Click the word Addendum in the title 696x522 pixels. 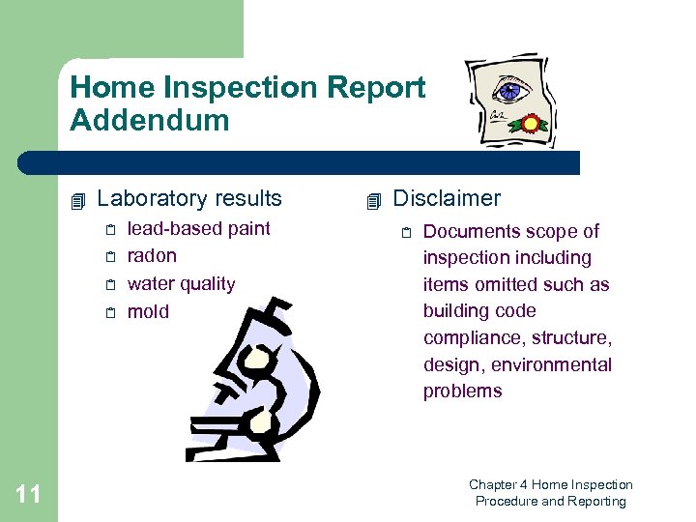coord(150,121)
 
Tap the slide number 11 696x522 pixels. coord(29,495)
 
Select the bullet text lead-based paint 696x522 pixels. coord(198,229)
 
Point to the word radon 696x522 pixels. coord(152,256)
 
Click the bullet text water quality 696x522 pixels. coord(181,284)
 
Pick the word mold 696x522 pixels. coord(148,311)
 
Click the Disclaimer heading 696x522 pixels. coord(446,199)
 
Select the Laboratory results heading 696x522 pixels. coord(189,199)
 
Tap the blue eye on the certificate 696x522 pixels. coord(507,92)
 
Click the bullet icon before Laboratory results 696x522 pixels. coord(79,201)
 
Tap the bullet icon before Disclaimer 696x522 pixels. coord(374,201)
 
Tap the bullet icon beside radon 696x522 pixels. coord(111,257)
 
